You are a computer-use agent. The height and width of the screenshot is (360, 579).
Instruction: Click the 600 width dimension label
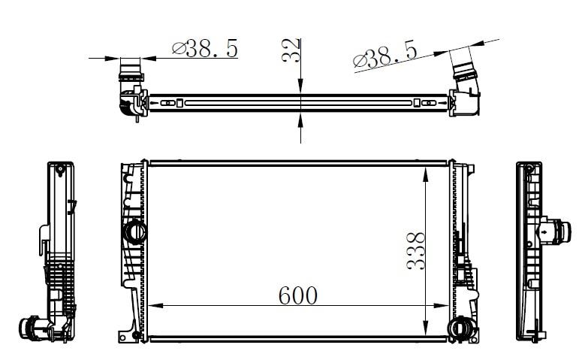point(298,295)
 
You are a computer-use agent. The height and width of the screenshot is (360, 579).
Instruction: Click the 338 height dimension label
point(416,251)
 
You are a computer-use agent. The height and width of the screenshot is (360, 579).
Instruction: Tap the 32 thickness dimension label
point(291,50)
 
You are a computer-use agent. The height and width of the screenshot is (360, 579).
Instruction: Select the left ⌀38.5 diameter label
point(205,48)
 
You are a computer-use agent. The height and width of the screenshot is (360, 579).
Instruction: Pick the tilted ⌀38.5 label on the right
point(385,56)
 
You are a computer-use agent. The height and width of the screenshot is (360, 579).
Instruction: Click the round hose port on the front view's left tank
point(134,232)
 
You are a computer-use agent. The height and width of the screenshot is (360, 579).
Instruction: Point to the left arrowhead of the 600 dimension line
point(155,306)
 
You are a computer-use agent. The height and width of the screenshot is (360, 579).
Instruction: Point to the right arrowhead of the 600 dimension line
point(442,306)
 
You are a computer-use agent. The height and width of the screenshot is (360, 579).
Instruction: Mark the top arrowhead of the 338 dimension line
point(426,174)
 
